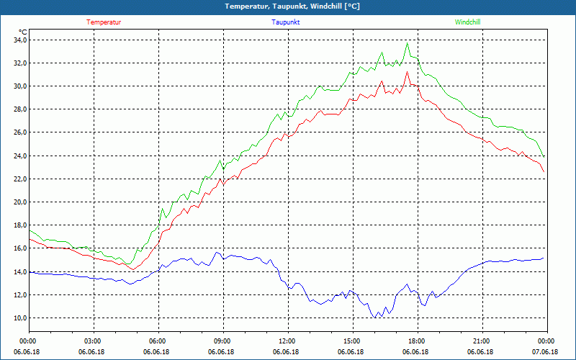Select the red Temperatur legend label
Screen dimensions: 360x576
[x=104, y=22]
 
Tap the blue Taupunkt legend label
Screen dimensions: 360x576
[x=286, y=22]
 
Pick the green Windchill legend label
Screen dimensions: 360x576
[x=468, y=22]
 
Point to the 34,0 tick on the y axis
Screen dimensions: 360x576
[x=18, y=40]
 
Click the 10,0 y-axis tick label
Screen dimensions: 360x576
[x=18, y=318]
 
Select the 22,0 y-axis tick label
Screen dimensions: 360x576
[x=18, y=179]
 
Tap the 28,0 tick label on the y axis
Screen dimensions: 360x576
[x=18, y=109]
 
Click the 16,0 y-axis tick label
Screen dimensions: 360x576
[x=18, y=248]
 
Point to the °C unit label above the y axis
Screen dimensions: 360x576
[x=23, y=32]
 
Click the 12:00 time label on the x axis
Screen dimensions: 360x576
[x=287, y=341]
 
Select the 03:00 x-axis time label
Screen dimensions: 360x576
[x=93, y=341]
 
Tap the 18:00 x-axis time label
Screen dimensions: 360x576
[x=416, y=341]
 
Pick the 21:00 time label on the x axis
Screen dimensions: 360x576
[x=481, y=341]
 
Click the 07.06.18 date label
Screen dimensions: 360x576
[x=545, y=352]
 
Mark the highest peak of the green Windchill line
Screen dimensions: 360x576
[x=408, y=43]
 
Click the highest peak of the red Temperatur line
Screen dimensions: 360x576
[x=408, y=71]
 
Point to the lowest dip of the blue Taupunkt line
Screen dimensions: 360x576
[x=377, y=317]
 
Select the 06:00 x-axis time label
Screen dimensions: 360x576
[x=158, y=341]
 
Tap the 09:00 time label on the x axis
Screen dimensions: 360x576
[x=222, y=341]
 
